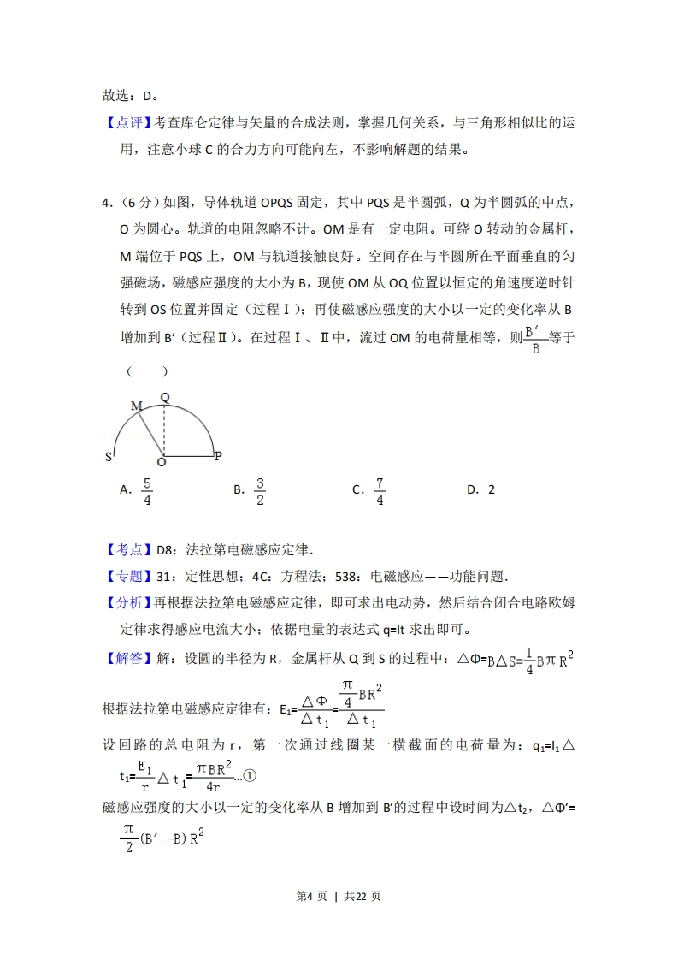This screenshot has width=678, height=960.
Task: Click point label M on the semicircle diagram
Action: click(135, 406)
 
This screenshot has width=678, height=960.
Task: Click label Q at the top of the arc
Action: click(165, 397)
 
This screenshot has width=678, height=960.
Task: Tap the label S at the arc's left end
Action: click(109, 457)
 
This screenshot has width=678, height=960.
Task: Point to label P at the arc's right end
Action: click(218, 456)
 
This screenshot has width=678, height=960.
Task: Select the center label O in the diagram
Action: click(161, 463)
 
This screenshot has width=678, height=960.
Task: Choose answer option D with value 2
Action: click(481, 490)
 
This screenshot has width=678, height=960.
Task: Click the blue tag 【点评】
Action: click(128, 123)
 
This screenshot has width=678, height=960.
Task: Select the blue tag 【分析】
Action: click(128, 603)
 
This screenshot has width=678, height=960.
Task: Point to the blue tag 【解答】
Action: click(128, 659)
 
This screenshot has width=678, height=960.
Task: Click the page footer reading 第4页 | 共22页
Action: click(339, 896)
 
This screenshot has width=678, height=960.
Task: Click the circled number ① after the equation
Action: click(250, 776)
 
